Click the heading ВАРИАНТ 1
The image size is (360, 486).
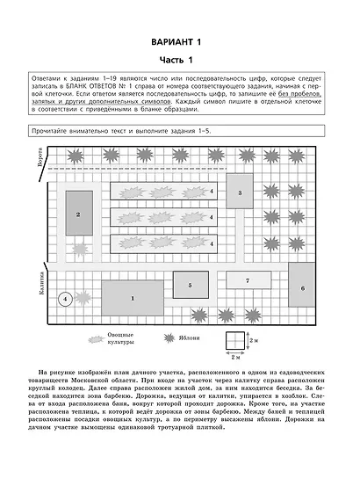tap(179, 42)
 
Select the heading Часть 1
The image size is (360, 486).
tap(179, 59)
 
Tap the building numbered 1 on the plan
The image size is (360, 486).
tap(133, 298)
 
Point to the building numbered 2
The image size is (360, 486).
tap(79, 214)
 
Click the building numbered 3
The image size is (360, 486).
tap(240, 191)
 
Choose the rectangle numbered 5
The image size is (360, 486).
tap(189, 285)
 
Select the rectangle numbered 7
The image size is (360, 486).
tap(248, 281)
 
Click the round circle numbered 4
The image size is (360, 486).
tap(64, 299)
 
